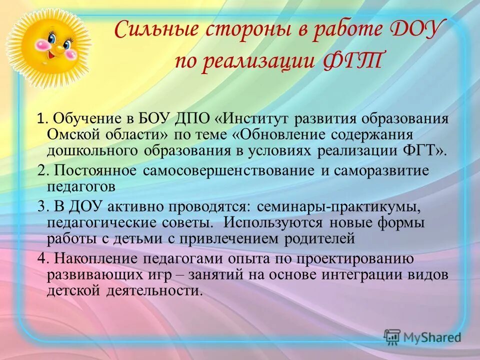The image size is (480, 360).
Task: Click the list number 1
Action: coord(41,119)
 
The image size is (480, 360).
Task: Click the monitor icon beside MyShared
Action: coord(392,337)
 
